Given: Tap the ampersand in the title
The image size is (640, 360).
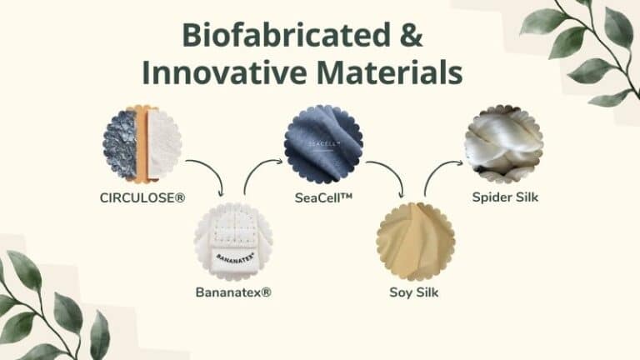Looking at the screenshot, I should (409, 36).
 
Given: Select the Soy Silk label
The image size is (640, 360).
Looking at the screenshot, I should (414, 292).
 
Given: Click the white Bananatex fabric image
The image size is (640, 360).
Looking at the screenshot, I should (233, 241).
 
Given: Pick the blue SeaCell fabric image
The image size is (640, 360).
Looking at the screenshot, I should (324, 144).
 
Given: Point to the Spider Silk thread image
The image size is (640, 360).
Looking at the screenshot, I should (503, 144).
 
